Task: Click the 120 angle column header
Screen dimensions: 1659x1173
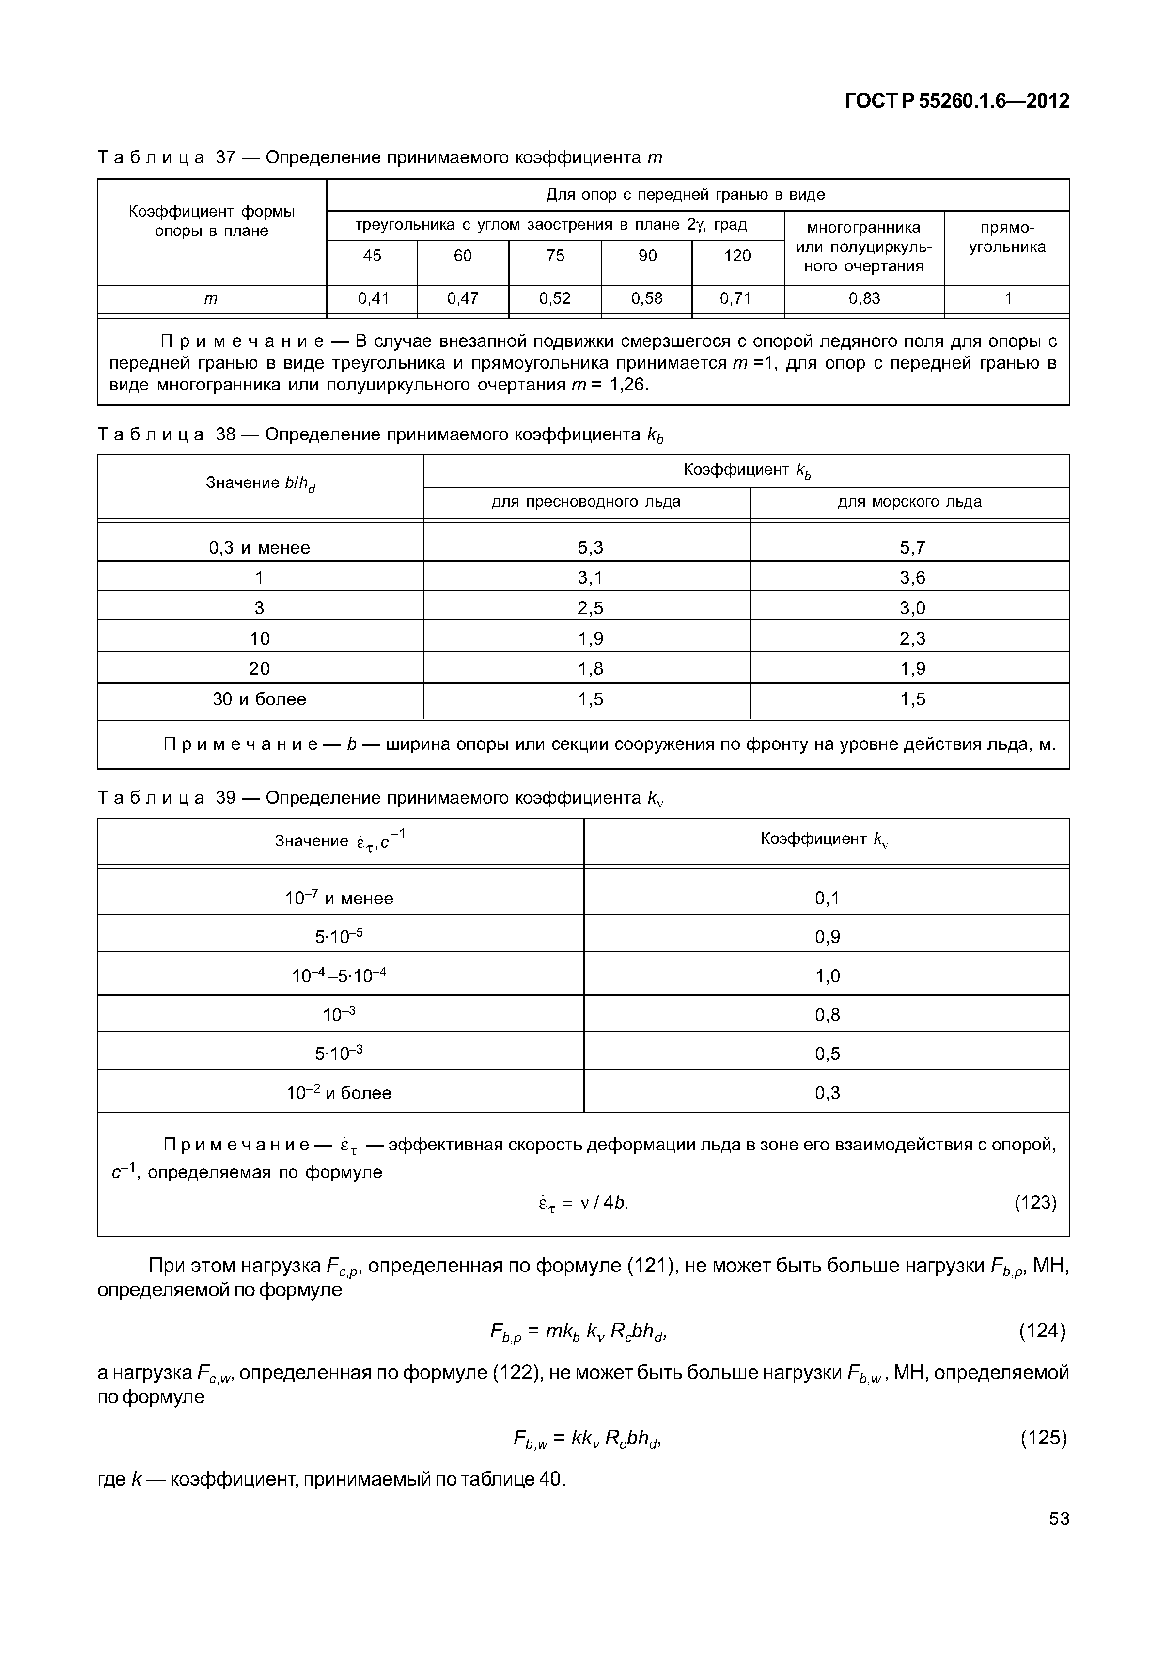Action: click(x=737, y=256)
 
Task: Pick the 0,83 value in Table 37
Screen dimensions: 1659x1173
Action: click(x=864, y=298)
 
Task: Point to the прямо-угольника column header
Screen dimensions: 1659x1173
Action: click(x=1007, y=237)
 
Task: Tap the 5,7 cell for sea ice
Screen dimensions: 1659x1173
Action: click(x=911, y=548)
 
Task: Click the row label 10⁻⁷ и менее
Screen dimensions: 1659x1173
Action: click(x=339, y=898)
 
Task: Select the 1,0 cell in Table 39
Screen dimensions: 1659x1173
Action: click(x=827, y=976)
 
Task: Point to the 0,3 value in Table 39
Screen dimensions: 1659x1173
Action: click(x=827, y=1092)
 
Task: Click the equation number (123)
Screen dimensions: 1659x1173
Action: click(x=1035, y=1202)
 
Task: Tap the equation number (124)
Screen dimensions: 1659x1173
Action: click(x=1042, y=1330)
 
